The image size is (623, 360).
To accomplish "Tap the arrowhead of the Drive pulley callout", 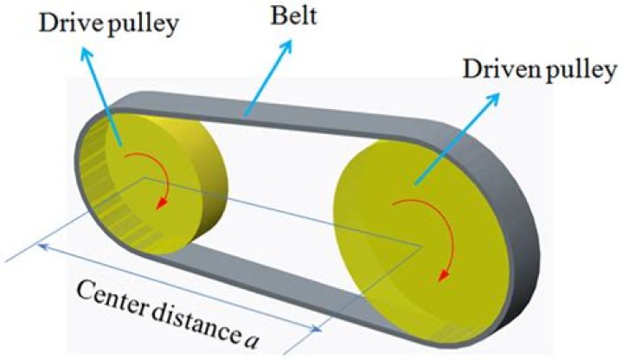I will (x=87, y=51).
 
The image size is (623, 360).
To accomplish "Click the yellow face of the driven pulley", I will (x=407, y=225).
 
